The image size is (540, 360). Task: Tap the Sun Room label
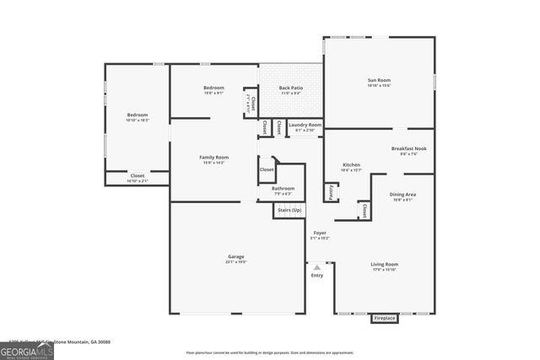(x=378, y=80)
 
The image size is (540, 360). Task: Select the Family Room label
(x=213, y=158)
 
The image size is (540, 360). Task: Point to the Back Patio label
(x=291, y=88)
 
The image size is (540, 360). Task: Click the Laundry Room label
(x=305, y=125)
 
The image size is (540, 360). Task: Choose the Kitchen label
(x=351, y=164)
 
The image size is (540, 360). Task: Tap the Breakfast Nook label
(x=408, y=148)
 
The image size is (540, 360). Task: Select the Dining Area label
(x=402, y=195)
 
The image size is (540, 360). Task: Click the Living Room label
(x=385, y=264)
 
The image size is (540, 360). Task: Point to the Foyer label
(x=320, y=233)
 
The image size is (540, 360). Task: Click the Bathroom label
(x=283, y=188)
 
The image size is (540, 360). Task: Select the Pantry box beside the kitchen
(x=331, y=193)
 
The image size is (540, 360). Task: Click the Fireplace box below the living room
(x=384, y=319)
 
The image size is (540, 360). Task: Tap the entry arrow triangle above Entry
(x=317, y=266)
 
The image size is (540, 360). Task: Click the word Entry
(x=317, y=275)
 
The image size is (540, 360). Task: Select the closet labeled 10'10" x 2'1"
(x=137, y=179)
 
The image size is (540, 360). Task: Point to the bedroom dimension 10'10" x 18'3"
(x=138, y=121)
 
